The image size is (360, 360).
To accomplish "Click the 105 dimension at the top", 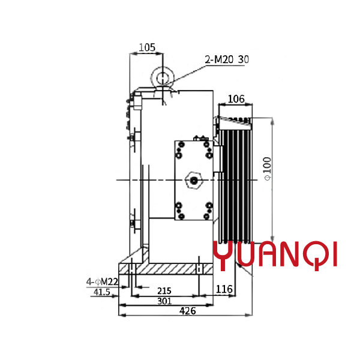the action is point(147,47).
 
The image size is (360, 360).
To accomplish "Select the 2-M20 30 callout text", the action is point(227,59).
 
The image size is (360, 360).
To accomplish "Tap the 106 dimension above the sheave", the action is point(236,99).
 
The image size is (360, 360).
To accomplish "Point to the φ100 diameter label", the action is point(267,169).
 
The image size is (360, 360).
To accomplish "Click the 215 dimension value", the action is point(164,291).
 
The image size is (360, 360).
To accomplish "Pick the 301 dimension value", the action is point(164,301).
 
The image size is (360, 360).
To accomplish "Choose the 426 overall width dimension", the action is point(188,311).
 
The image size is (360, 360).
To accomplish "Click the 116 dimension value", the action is point(224,289).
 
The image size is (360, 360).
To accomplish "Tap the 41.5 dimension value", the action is point(102,292).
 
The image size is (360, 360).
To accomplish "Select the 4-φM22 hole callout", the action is point(102,281).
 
